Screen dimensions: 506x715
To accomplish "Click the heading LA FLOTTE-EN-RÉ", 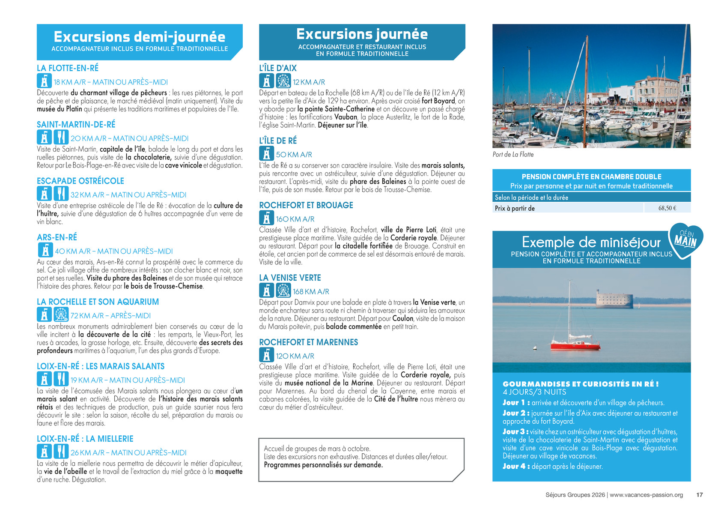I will coord(68,68).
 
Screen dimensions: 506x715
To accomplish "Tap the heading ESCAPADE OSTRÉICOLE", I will coord(80,181).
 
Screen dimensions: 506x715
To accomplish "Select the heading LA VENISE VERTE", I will coord(290,278).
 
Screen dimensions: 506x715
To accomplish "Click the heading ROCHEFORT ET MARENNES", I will coord(308,342).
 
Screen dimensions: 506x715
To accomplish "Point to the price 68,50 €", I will coord(667,208).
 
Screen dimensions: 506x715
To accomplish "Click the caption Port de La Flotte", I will coord(513,155).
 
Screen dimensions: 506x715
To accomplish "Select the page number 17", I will coord(700,495).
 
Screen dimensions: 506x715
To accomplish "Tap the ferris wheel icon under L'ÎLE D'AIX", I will coord(283,81).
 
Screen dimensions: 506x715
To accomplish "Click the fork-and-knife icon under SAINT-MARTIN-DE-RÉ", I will coord(61,138).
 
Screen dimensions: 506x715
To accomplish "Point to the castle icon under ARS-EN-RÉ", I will coord(45,250).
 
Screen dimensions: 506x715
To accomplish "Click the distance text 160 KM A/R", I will coord(295,219).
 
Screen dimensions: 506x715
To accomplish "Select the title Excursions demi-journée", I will coord(140,37).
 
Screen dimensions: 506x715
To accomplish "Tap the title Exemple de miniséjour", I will coord(591,243).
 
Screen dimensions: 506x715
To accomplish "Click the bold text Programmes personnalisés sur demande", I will coord(323,465).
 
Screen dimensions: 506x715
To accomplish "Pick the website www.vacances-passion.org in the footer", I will coord(646,495).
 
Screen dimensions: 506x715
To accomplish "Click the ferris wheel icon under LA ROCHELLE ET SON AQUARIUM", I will coord(61,315).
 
